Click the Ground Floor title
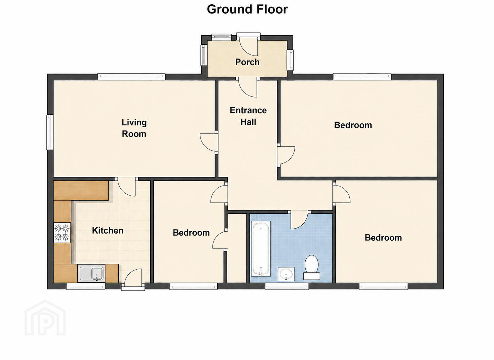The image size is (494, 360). point(247,9)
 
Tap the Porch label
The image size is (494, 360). point(247,62)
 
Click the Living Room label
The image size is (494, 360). point(134,128)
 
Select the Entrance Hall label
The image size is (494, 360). point(248,116)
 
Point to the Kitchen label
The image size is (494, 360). point(108,231)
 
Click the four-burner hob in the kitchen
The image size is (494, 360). point(62,232)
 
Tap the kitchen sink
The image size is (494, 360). point(91,273)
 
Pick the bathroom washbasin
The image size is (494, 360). point(286,274)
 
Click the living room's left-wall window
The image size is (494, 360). point(50,132)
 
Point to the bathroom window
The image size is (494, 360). point(287,286)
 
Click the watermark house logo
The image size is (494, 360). point(45,318)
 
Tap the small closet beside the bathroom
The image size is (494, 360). point(237,248)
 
